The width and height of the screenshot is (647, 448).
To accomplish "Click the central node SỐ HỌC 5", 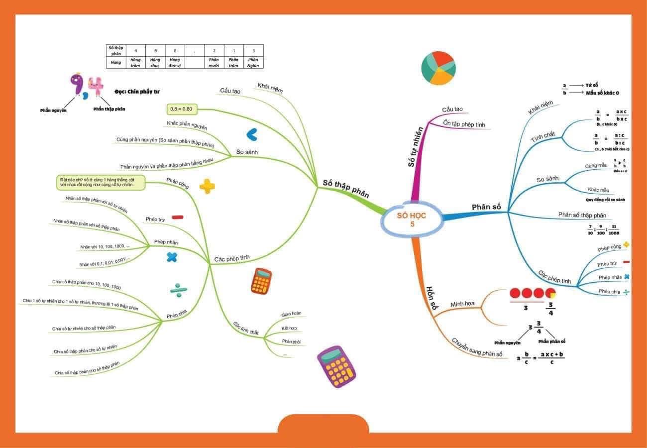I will pos(412,220).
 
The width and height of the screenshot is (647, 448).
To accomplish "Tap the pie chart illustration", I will pos(438,67).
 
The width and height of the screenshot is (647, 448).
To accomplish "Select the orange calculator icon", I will pos(261,281).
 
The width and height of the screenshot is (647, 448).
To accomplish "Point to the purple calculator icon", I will pos(336,366).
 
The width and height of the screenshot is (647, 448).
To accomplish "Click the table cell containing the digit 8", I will pos(175,50).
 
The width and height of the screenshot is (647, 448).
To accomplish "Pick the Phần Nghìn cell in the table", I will pos(253,62).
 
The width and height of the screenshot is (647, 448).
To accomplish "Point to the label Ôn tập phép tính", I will pos(463,124).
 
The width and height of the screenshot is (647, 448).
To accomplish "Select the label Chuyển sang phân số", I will pos(477,347).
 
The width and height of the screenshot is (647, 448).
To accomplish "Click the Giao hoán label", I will pos(291,314).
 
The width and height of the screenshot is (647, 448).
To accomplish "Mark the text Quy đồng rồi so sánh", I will pos(605,200).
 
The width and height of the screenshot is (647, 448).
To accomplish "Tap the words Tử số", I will pos(592,85).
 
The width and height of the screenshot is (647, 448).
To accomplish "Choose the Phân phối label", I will pos(291,341).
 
